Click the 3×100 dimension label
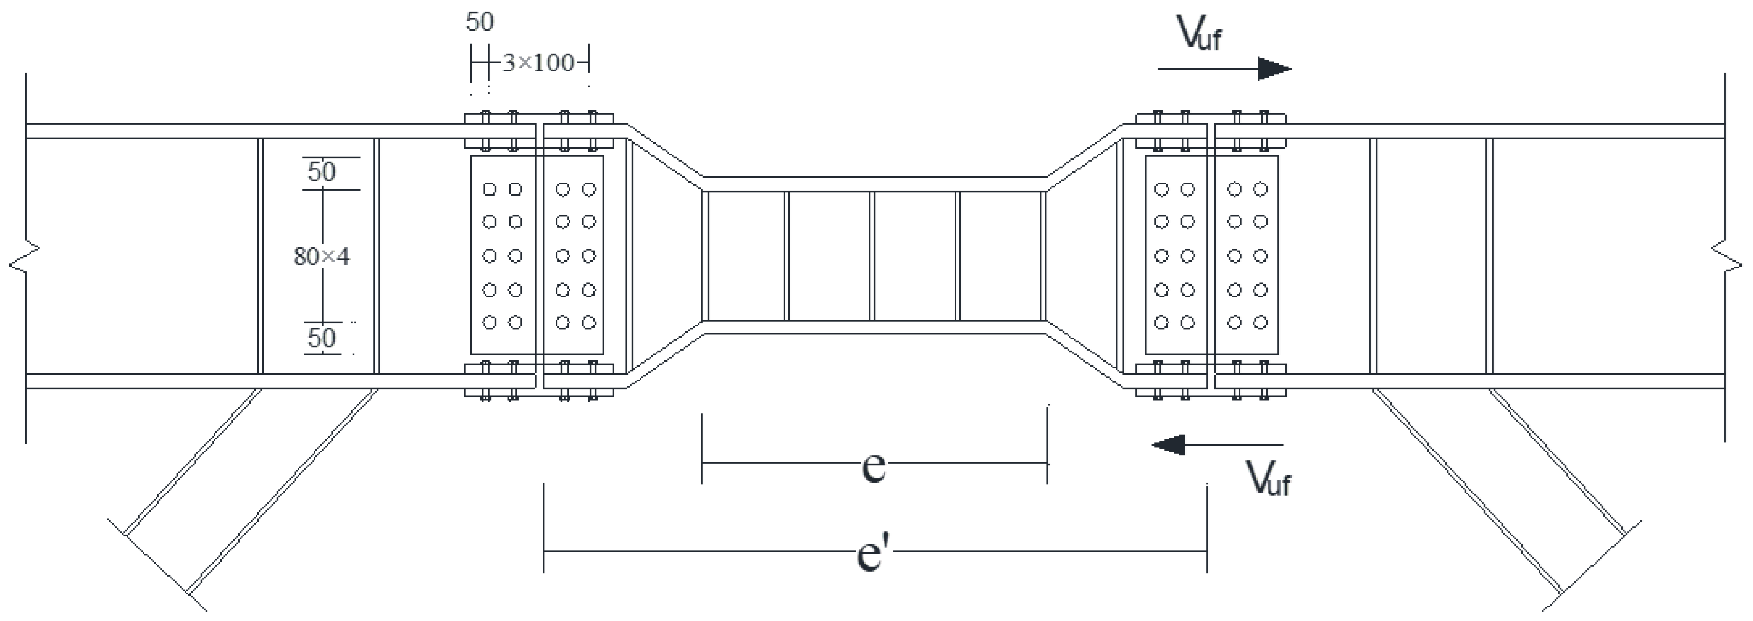(x=538, y=63)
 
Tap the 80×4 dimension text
(x=322, y=256)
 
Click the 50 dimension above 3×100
(x=480, y=22)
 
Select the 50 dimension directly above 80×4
(x=322, y=171)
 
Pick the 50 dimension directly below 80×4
(x=322, y=338)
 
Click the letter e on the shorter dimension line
(x=874, y=466)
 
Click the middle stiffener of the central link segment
(x=873, y=256)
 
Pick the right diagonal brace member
(x=1497, y=496)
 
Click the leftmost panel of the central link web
(x=746, y=256)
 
